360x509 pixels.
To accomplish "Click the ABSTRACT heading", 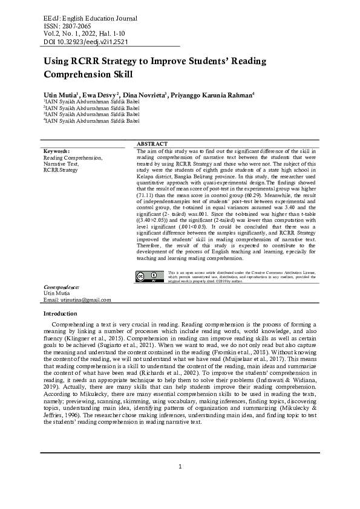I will coord(152,143).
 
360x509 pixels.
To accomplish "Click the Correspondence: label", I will coord(62,287).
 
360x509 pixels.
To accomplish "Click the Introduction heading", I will coord(60,314).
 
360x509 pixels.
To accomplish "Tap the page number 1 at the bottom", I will coord(180,466).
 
